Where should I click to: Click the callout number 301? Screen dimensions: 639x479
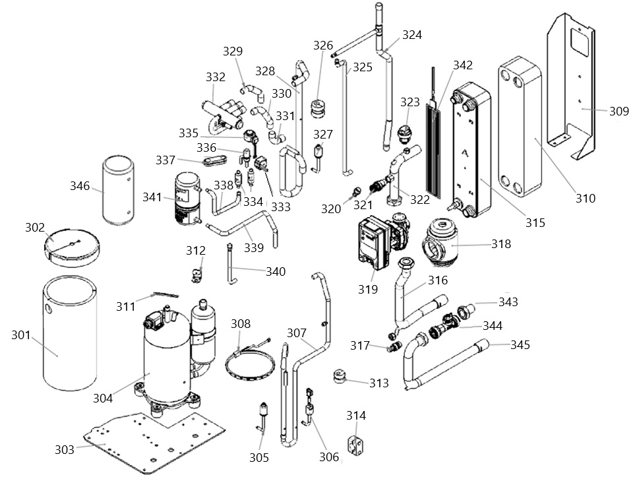[21, 335]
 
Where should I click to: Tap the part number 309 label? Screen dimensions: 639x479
[619, 111]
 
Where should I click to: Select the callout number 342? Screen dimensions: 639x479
[462, 65]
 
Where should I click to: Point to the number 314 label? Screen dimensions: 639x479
[356, 416]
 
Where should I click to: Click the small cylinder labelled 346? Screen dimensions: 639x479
[118, 190]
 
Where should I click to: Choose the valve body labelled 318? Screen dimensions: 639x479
[440, 243]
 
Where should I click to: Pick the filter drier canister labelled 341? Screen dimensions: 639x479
[187, 199]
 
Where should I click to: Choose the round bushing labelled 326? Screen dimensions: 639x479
[317, 108]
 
